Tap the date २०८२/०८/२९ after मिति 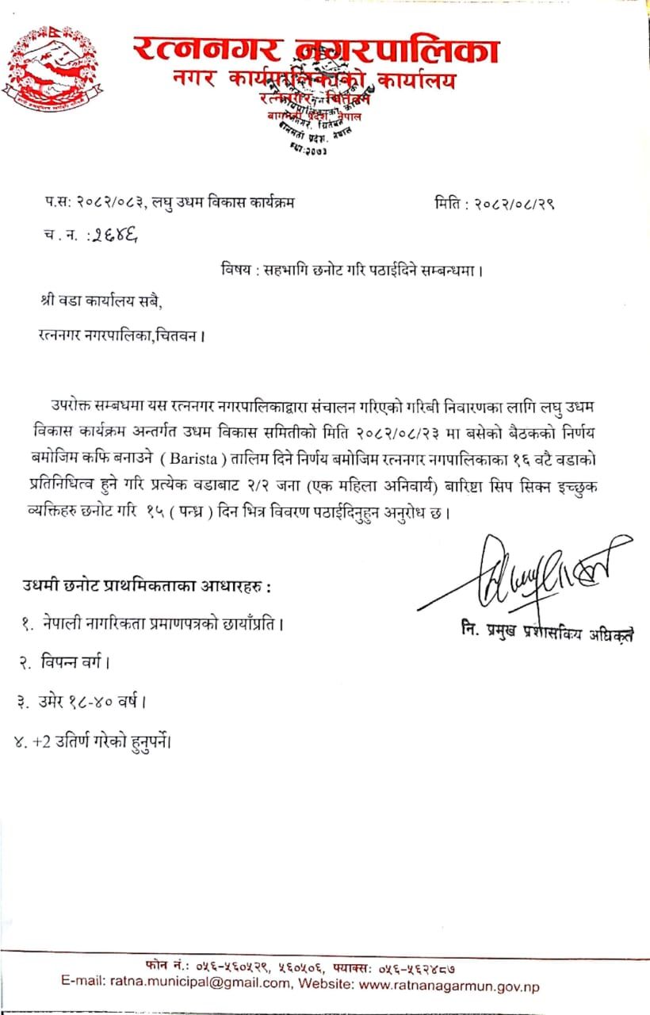(514, 203)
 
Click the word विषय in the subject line (237, 269)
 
